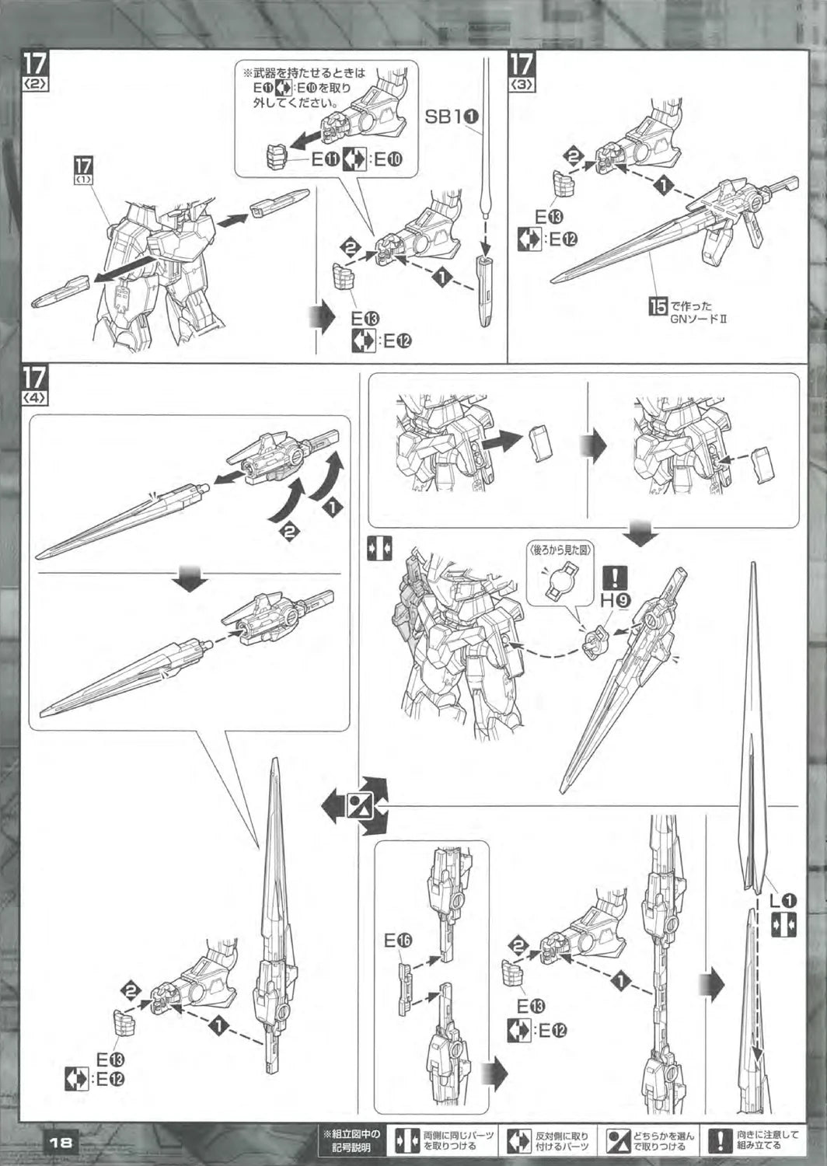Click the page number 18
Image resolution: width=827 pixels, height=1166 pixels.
click(x=60, y=1143)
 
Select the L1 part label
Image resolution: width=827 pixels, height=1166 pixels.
click(x=782, y=901)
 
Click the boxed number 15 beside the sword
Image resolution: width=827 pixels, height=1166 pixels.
click(x=658, y=306)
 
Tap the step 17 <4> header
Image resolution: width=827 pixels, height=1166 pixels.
click(x=35, y=383)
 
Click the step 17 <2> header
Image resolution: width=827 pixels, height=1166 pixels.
click(x=35, y=69)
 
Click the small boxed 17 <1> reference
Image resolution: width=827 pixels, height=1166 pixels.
click(x=84, y=168)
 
